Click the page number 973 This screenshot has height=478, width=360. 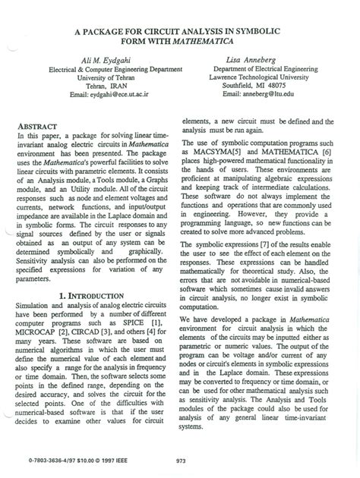tap(180, 461)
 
